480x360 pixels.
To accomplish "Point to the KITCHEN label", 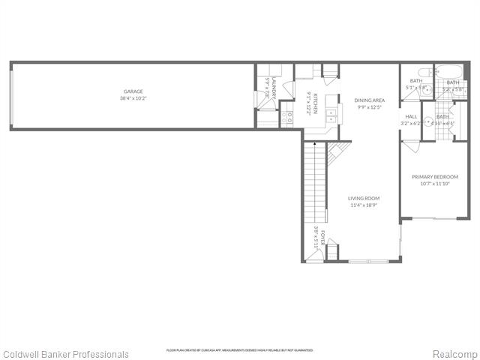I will tap(316, 102).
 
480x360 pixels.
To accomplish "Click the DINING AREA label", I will tap(370, 100).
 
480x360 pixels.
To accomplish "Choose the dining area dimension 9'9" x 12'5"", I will tap(370, 106).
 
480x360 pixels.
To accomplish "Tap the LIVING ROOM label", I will tap(363, 198).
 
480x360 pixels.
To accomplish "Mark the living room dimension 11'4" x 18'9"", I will tap(363, 205).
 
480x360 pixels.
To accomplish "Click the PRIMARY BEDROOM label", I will tap(435, 176).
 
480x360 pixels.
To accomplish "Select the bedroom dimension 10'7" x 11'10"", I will tap(435, 183).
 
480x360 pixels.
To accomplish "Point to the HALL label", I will tap(411, 117).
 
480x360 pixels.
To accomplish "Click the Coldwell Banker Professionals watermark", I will tap(66, 354).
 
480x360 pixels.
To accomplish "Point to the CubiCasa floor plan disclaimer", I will tap(239, 350).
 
